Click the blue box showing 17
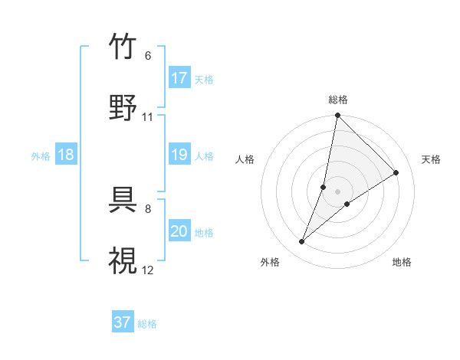(179, 78)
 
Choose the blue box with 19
(179, 155)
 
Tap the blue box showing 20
(179, 231)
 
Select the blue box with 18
(66, 155)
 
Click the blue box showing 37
(123, 322)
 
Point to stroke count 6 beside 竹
(147, 56)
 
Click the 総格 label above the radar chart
(338, 100)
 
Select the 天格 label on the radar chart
(431, 159)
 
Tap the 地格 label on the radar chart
(402, 262)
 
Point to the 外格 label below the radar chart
(270, 262)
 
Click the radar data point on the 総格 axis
(337, 116)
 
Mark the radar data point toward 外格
(302, 242)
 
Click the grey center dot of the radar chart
(337, 191)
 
